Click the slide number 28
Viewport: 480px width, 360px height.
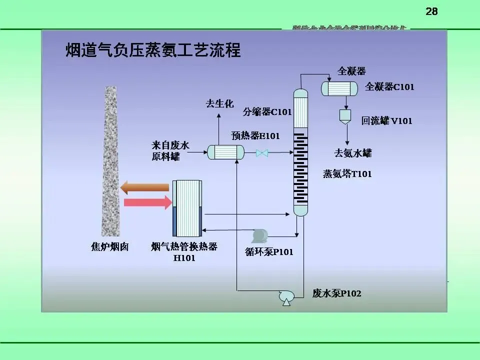[431, 11]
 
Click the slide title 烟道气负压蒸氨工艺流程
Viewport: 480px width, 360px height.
[153, 51]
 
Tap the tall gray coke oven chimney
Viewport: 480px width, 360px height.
[109, 160]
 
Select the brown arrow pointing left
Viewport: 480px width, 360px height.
[145, 187]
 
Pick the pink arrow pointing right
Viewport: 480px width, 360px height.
[147, 202]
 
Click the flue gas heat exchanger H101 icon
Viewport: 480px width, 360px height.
[187, 208]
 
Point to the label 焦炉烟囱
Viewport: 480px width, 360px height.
[109, 246]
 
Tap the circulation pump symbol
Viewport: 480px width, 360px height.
[259, 235]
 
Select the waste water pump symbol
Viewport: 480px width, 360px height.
[286, 297]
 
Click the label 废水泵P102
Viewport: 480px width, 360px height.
[336, 294]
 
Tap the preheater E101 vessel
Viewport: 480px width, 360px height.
[225, 152]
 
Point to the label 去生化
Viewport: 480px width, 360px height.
[219, 104]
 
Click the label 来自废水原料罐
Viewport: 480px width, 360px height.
[170, 151]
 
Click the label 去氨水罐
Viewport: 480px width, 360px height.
[353, 153]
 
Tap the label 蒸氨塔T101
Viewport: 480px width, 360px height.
[347, 174]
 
